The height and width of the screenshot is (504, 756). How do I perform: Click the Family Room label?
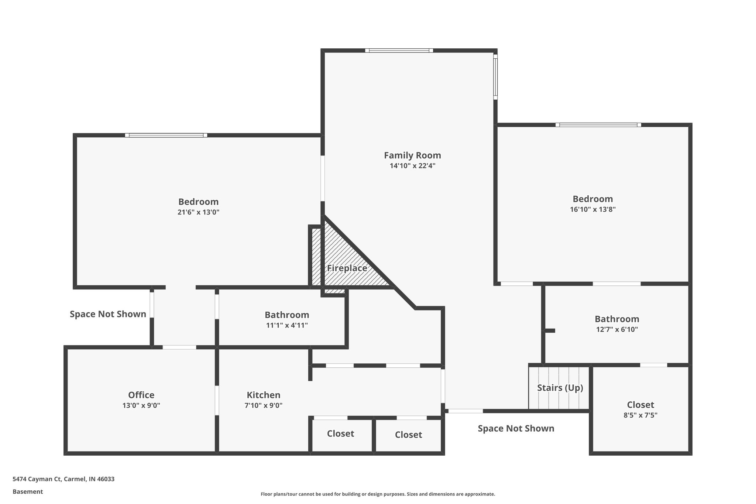(412, 155)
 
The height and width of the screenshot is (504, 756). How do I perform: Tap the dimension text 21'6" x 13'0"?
(198, 212)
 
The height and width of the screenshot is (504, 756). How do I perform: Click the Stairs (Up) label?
(560, 388)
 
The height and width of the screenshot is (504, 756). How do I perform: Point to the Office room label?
(141, 395)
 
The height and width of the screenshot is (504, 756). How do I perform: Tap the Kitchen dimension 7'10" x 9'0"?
(263, 405)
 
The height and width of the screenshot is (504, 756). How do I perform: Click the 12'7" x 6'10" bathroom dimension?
(617, 329)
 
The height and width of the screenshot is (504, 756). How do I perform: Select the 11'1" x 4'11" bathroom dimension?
(287, 325)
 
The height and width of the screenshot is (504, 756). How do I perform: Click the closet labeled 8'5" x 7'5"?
(640, 410)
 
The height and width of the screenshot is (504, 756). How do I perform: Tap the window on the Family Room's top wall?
(399, 51)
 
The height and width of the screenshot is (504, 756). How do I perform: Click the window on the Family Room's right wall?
(495, 77)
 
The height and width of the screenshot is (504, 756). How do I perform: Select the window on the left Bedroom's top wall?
(166, 135)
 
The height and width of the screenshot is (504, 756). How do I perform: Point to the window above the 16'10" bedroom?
(598, 125)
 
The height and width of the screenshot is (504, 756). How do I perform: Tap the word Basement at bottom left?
(28, 492)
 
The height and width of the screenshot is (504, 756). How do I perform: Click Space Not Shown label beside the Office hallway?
(108, 314)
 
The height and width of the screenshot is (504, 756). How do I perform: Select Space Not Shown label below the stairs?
(516, 429)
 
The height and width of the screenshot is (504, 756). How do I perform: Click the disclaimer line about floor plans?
(378, 494)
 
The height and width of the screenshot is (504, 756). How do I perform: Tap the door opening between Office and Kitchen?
(217, 400)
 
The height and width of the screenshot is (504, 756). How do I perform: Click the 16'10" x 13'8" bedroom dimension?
(592, 209)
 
